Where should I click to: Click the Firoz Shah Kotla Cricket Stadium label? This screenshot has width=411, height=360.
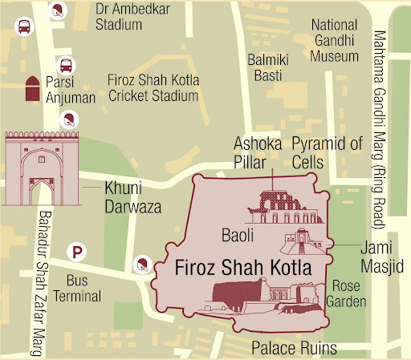coord(153,87)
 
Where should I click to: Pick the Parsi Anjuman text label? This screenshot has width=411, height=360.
coord(71,90)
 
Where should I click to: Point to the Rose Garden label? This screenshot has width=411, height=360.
coord(346,294)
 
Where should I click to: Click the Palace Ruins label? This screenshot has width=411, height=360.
coord(294,348)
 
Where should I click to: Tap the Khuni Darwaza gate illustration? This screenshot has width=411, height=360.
coord(40,168)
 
